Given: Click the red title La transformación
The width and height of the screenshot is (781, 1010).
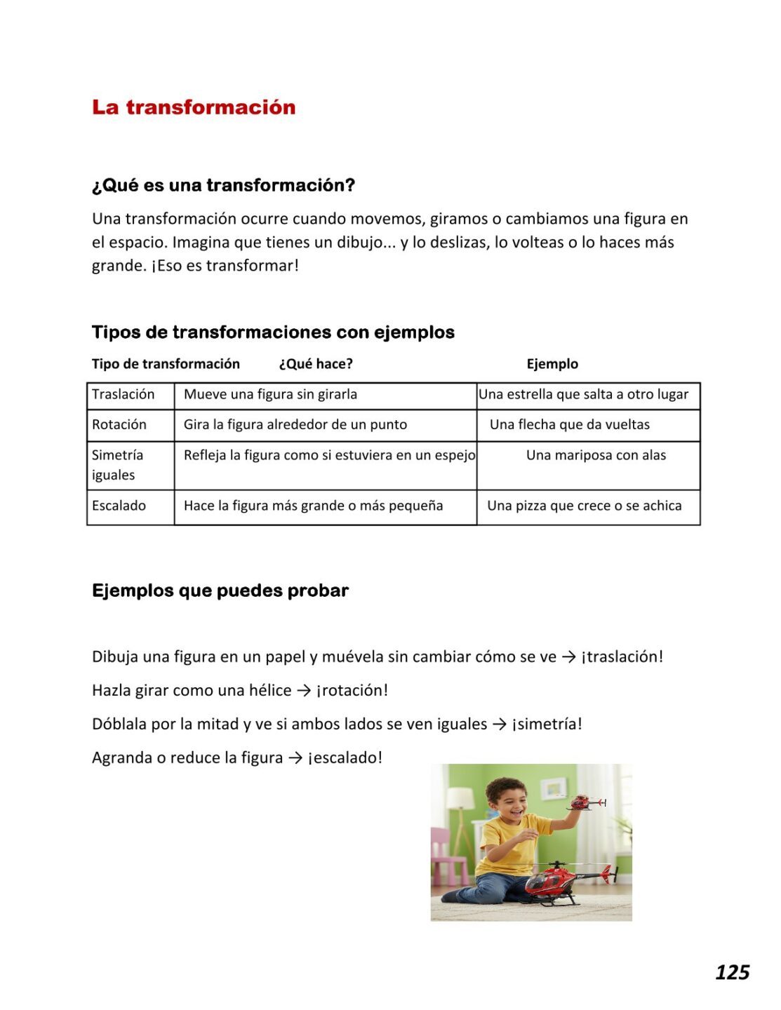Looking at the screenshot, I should coord(194,107).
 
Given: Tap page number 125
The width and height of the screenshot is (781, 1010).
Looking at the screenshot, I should coord(732,972).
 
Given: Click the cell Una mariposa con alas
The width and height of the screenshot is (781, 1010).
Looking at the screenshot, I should coord(596,455).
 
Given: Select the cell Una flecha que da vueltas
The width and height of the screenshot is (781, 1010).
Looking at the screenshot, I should coord(569,424).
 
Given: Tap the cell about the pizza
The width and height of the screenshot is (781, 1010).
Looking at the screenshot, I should coord(584,506).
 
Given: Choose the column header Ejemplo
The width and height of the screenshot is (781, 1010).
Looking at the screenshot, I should coord(552,364).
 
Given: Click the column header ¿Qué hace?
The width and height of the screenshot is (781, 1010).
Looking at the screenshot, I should coord(316,364).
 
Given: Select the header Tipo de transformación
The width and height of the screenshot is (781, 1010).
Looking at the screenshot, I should coord(166,364).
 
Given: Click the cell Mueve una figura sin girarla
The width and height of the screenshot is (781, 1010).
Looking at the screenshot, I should coord(270,394).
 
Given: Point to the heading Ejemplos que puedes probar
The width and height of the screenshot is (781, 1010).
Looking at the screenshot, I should coord(220,591).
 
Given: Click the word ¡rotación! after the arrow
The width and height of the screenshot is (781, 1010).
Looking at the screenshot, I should coord(352,690).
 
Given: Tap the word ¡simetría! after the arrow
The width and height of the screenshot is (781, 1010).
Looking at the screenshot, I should coord(547,724).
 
